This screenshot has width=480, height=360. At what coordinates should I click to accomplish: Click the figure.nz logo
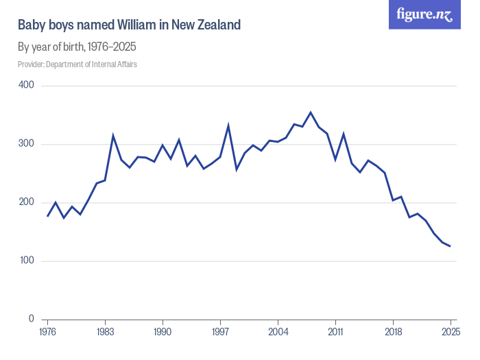point(424,14)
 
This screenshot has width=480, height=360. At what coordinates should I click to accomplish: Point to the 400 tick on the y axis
point(27,86)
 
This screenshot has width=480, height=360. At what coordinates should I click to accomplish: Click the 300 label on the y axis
point(27,144)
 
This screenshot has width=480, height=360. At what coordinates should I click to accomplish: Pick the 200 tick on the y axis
point(27,202)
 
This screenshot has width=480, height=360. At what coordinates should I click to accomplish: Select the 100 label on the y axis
point(27,261)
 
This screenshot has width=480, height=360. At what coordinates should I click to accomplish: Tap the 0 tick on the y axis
point(32,320)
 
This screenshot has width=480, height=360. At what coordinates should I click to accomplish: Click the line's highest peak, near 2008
point(311,112)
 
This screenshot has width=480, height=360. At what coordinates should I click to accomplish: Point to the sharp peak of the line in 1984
point(113,136)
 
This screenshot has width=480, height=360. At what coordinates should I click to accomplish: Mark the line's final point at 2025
point(451,246)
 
